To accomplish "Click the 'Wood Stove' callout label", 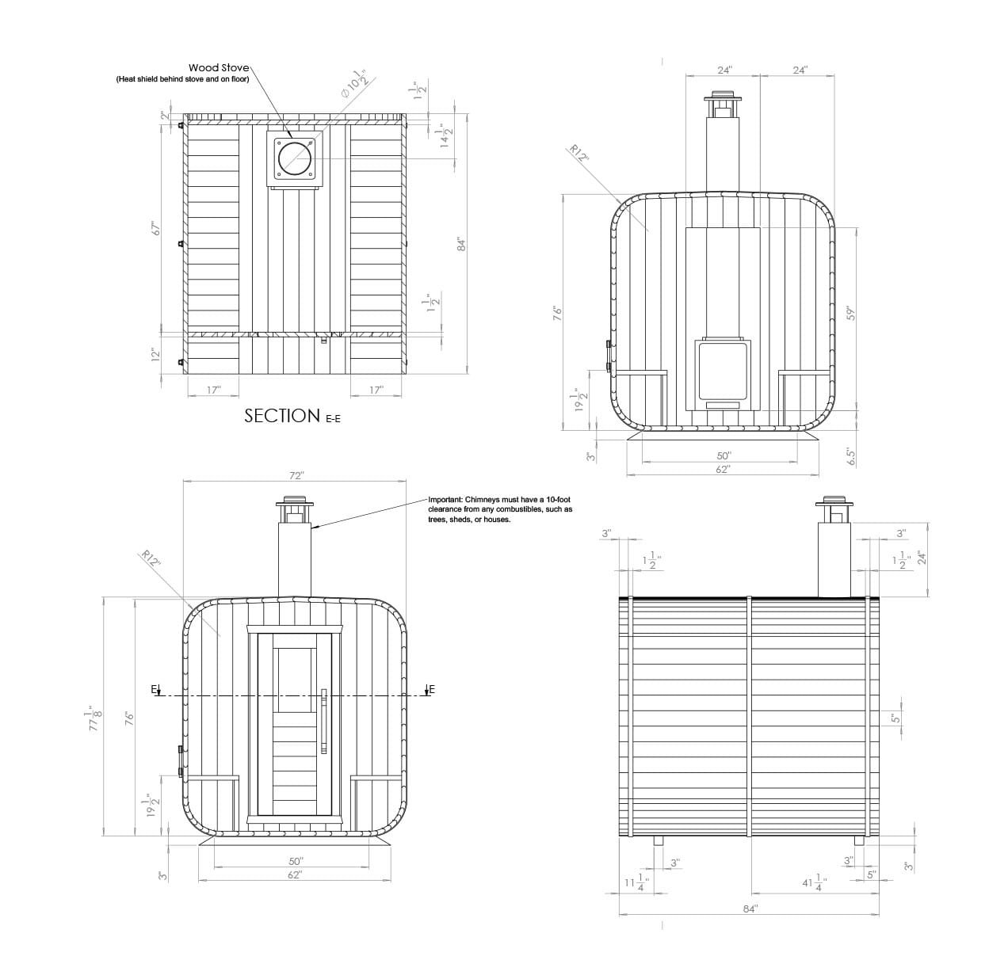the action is (x=219, y=68).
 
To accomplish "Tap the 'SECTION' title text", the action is (x=282, y=416).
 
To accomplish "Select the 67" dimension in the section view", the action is (x=156, y=228).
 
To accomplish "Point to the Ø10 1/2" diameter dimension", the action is (x=357, y=83).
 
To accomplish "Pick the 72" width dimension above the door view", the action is (x=296, y=475).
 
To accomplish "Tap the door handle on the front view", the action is (x=324, y=721).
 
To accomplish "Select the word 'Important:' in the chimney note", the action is (x=445, y=500).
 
